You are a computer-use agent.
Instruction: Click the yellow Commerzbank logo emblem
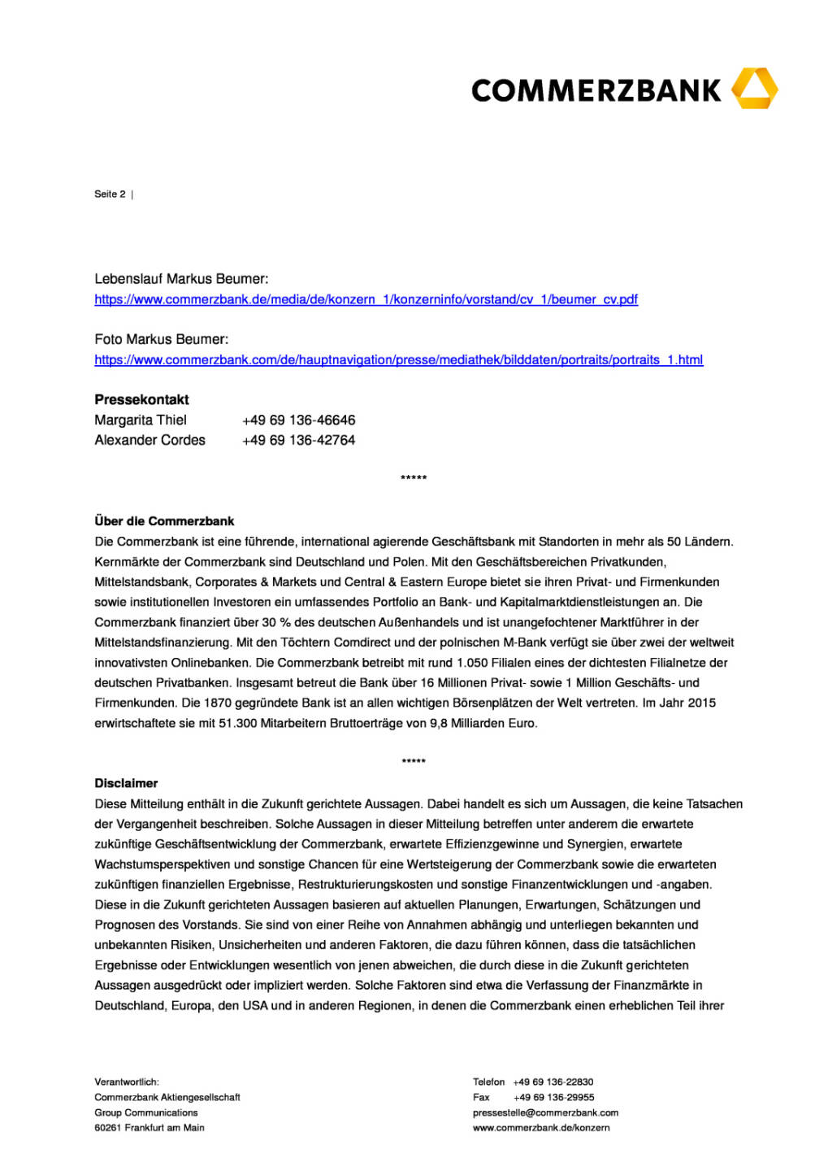pyautogui.click(x=754, y=89)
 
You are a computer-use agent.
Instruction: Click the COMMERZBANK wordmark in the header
pyautogui.click(x=596, y=90)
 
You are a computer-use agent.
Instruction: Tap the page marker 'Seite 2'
pyautogui.click(x=110, y=194)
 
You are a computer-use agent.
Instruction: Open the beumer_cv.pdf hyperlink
pyautogui.click(x=366, y=299)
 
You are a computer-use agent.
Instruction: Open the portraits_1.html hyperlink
pyautogui.click(x=398, y=359)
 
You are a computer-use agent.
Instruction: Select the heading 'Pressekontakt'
pyautogui.click(x=141, y=399)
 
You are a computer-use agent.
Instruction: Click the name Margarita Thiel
pyautogui.click(x=141, y=420)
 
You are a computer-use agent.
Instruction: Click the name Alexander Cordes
pyautogui.click(x=150, y=440)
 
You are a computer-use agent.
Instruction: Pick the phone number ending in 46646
pyautogui.click(x=298, y=420)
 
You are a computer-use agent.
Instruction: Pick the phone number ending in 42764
pyautogui.click(x=298, y=440)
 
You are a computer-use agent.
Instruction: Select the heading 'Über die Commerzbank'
pyautogui.click(x=164, y=521)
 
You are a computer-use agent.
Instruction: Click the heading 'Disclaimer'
pyautogui.click(x=126, y=783)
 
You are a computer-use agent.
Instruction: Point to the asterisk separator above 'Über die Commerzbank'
pyautogui.click(x=414, y=478)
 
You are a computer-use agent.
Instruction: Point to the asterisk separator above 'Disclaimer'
pyautogui.click(x=414, y=762)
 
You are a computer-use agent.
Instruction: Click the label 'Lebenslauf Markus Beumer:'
pyautogui.click(x=181, y=279)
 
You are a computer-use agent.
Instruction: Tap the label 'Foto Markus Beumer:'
pyautogui.click(x=161, y=339)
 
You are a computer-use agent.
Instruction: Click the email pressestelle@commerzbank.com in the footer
pyautogui.click(x=545, y=1112)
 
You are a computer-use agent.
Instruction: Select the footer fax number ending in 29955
pyautogui.click(x=553, y=1097)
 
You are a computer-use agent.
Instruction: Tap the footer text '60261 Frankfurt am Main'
pyautogui.click(x=150, y=1128)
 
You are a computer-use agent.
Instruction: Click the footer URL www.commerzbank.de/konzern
pyautogui.click(x=541, y=1128)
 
